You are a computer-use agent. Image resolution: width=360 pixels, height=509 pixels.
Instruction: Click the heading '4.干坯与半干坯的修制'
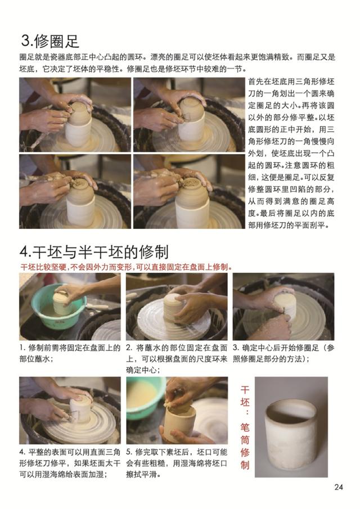(93, 251)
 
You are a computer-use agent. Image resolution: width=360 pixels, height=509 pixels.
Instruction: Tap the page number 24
(337, 487)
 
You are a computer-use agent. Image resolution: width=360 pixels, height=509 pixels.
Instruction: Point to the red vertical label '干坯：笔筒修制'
(245, 427)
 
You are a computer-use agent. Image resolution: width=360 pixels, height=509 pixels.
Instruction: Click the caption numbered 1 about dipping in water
(69, 353)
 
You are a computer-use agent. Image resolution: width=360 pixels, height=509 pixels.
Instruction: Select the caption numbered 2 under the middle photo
(177, 358)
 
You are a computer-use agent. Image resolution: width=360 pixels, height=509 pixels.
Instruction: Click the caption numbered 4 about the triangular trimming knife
(69, 463)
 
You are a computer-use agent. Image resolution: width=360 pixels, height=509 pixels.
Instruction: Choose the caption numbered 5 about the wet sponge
(177, 463)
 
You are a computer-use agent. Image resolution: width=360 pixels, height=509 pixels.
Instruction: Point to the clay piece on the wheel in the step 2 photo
(176, 307)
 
